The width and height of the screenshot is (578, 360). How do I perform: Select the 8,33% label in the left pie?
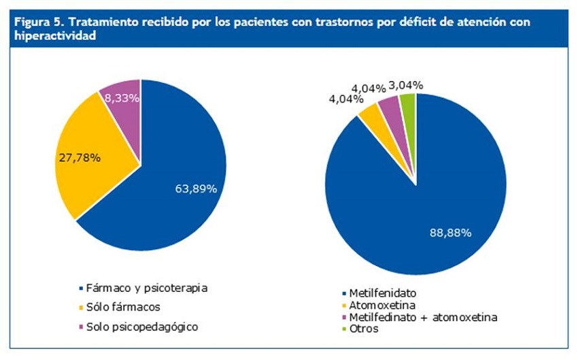tap(122, 98)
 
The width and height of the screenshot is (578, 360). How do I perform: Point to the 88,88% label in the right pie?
tap(450, 232)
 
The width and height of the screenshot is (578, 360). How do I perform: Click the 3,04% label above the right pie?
tap(406, 85)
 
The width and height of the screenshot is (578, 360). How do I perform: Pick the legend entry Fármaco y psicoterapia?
tap(146, 288)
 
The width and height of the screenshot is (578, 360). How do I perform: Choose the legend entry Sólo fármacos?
tap(123, 307)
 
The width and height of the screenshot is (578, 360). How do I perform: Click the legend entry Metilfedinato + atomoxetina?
tap(423, 318)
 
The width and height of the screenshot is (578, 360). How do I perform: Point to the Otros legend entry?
tap(364, 329)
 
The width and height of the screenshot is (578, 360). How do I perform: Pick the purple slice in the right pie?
tap(389, 109)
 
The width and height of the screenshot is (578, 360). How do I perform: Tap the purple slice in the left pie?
tap(124, 109)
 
